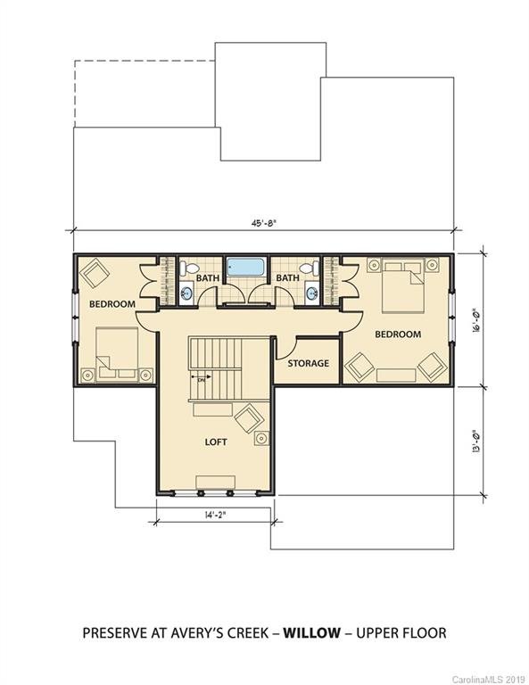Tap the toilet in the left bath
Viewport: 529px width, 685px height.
click(188, 268)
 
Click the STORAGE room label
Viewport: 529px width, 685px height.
click(308, 363)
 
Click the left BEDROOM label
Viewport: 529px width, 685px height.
click(112, 304)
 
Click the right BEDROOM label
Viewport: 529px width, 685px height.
click(397, 334)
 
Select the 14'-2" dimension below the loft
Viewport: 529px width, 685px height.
click(213, 515)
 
